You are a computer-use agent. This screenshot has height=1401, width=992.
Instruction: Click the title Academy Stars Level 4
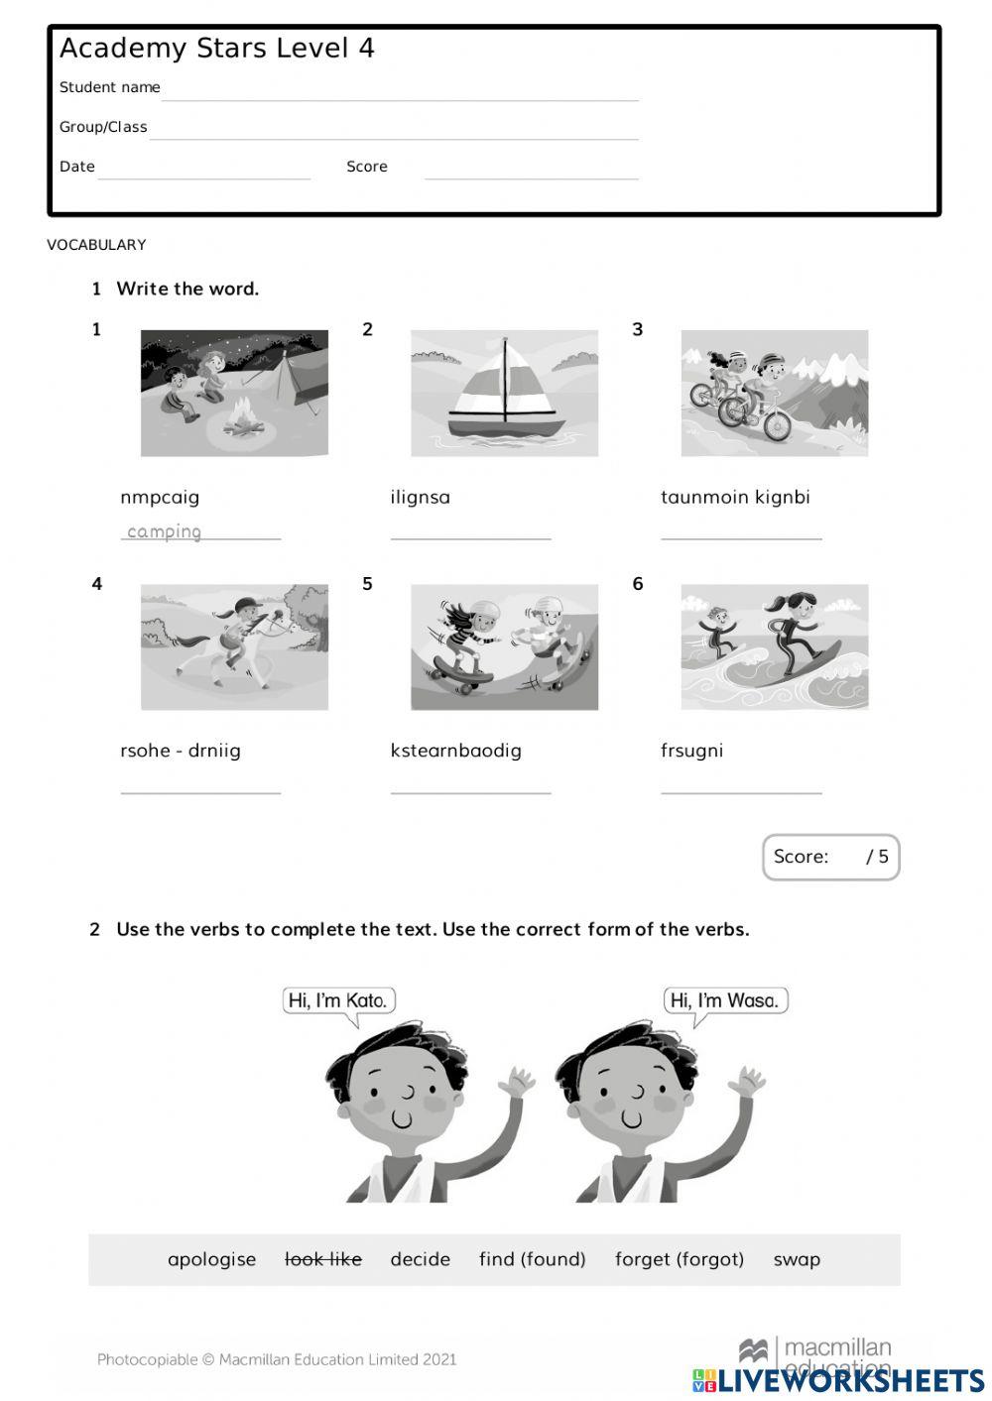[x=216, y=49]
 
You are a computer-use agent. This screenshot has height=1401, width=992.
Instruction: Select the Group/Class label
[x=103, y=127]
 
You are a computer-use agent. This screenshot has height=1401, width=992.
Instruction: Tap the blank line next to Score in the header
[x=531, y=172]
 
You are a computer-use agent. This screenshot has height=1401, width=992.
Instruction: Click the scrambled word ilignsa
[x=420, y=497]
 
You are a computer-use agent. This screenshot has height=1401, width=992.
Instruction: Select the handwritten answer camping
[x=165, y=531]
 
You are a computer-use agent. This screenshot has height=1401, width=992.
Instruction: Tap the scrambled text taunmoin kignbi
[x=735, y=497]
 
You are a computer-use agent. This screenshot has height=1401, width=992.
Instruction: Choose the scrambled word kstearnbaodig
[x=455, y=751]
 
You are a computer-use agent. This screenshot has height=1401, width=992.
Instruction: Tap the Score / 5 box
[x=830, y=857]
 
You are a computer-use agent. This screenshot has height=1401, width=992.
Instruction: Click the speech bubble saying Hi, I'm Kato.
[x=338, y=1000]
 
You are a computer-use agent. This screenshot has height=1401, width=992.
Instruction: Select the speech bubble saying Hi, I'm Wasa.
[x=724, y=1000]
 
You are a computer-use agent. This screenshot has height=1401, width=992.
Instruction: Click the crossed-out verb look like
[x=322, y=1259]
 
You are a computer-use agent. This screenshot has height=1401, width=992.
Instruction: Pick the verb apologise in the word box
[x=211, y=1259]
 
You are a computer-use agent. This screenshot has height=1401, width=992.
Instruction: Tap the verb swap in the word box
[x=797, y=1259]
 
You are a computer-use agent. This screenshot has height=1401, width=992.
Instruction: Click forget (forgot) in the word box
[x=679, y=1259]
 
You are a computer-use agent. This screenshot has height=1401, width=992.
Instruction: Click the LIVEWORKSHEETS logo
[x=838, y=1380]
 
